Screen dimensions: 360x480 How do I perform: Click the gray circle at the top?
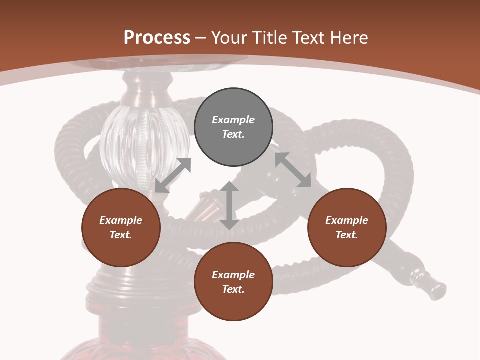coord(233,127)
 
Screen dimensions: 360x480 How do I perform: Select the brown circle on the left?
coord(121,228)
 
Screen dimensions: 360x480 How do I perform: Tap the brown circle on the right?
coord(347,228)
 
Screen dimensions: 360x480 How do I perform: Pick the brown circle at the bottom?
coord(233,282)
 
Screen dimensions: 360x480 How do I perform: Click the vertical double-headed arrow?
coord(229,205)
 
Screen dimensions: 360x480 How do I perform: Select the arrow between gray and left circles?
coord(173,175)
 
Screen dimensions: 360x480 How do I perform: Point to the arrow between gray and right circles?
coord(293,170)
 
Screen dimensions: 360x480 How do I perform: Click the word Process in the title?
coord(157,37)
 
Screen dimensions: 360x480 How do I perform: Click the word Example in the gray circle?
coord(233,120)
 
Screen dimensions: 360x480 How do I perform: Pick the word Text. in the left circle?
coord(121,235)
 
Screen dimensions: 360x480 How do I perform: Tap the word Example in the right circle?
coord(347,220)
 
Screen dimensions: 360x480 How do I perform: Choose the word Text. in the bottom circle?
coord(233,289)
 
